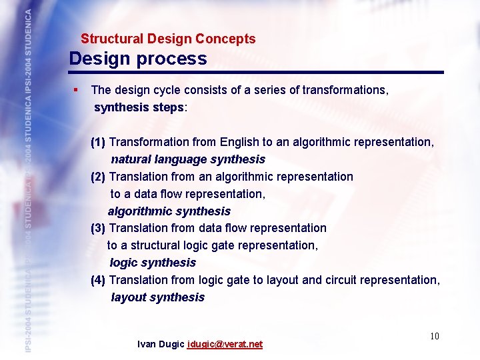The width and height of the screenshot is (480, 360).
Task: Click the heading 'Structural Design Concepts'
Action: pos(168,39)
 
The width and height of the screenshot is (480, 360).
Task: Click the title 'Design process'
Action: pos(138,59)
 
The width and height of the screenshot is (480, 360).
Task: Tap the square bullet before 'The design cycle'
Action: pos(77,89)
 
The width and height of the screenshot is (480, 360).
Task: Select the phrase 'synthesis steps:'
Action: pos(141,107)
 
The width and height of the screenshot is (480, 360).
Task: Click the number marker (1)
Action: pos(98,142)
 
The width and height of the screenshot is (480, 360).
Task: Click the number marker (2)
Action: pos(98,177)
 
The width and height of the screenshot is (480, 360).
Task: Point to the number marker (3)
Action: pos(98,228)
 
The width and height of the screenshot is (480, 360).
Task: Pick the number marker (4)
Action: pos(98,280)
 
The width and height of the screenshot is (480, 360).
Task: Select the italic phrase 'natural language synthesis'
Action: pos(188,159)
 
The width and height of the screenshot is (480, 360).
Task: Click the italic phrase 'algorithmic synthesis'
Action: pos(169,211)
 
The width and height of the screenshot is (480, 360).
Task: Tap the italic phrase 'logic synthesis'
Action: pos(153,263)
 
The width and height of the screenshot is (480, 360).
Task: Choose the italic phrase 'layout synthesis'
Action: pos(158,297)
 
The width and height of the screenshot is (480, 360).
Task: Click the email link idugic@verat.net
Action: pos(225,345)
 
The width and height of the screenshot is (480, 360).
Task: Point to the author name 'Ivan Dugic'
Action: pos(161,345)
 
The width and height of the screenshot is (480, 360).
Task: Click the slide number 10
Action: pos(434,336)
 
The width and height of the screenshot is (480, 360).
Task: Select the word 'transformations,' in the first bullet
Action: pos(345,89)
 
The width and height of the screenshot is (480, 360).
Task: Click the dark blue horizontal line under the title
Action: pos(256,72)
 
